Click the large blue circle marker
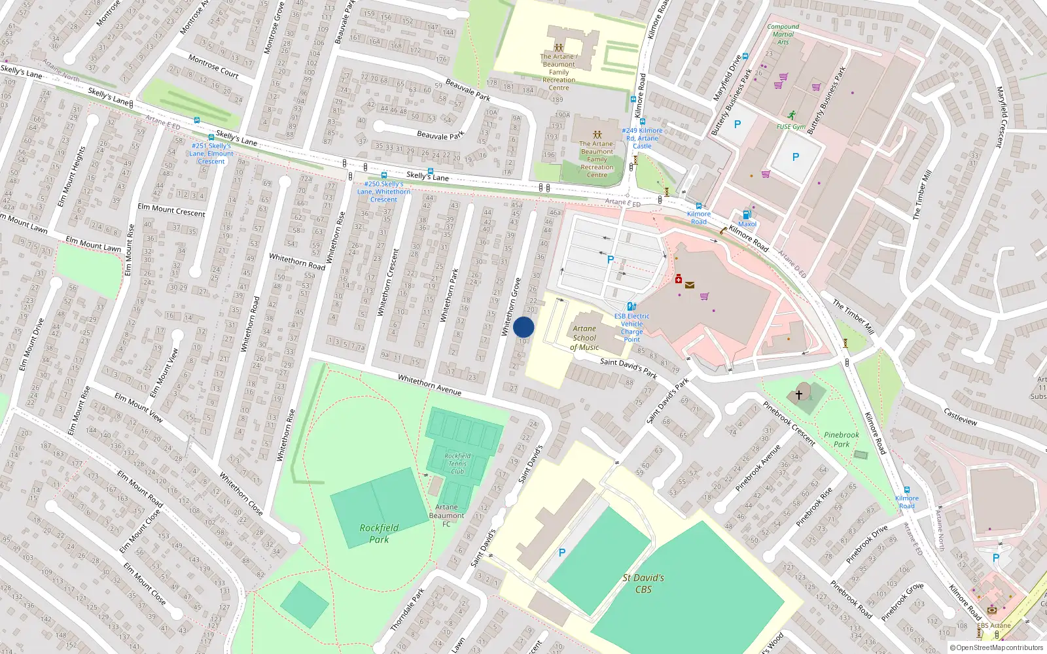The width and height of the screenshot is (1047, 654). tap(523, 327)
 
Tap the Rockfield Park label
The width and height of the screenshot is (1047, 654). tap(379, 533)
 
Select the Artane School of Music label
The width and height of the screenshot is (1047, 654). tap(584, 338)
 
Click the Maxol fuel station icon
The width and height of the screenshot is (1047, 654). tap(747, 215)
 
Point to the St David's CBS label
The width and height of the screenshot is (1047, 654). tap(643, 583)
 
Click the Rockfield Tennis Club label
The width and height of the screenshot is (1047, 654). tap(457, 463)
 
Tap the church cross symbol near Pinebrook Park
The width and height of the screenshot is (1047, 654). tap(798, 395)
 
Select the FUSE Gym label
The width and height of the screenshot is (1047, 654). tap(790, 127)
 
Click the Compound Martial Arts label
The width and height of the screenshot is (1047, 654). tap(783, 34)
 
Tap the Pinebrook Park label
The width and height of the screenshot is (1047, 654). tap(842, 439)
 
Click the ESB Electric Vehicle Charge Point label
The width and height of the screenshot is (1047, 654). tap(631, 327)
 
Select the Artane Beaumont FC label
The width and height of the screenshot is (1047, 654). tap(446, 515)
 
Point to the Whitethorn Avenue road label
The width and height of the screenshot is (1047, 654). tap(429, 385)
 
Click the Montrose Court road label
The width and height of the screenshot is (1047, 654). tap(213, 66)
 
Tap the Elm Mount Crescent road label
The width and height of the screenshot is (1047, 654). tap(171, 210)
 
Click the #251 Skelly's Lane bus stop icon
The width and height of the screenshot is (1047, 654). tap(211, 138)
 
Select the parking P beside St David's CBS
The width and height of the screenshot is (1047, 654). tap(561, 553)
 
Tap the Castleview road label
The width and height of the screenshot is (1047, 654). tap(961, 417)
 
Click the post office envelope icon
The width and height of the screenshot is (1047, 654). tap(689, 284)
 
